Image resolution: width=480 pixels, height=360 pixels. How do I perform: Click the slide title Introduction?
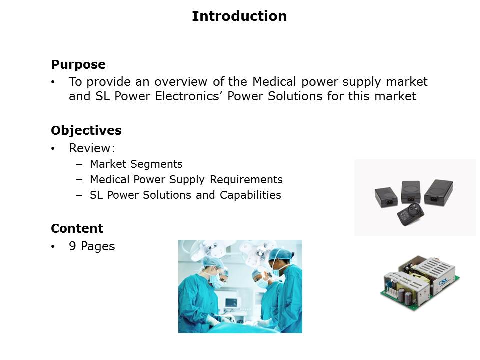click(239, 16)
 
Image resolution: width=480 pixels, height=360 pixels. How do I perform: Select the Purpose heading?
click(78, 65)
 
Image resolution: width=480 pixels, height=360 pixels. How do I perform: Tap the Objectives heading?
click(86, 130)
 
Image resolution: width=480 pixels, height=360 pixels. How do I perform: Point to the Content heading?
click(77, 228)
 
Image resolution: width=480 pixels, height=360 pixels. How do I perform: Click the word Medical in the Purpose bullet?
click(274, 81)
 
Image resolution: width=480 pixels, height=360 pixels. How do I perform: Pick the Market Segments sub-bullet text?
click(136, 164)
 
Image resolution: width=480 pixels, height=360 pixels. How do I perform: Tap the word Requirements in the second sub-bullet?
click(246, 179)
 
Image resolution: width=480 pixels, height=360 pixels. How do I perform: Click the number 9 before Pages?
click(73, 246)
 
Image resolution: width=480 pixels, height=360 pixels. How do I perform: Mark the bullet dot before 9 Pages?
click(53, 246)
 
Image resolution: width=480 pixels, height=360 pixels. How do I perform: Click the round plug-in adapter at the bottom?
click(411, 214)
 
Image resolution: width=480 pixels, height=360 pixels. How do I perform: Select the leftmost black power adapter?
click(386, 197)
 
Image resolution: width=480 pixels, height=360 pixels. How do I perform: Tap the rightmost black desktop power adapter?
click(438, 192)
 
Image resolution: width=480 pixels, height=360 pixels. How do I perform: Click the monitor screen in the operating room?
click(231, 303)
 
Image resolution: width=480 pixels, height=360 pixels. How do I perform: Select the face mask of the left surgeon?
click(218, 281)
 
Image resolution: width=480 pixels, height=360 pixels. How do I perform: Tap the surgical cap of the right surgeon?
click(280, 254)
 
